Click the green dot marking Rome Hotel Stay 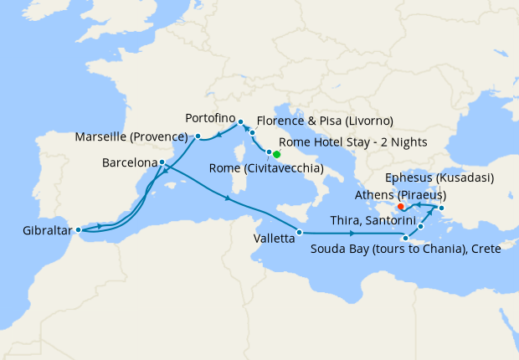(276, 154)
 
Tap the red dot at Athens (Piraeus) (400, 206)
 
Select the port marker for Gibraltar (78, 229)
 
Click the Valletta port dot (299, 232)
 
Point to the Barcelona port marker (162, 162)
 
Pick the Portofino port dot (239, 121)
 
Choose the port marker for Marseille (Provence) (198, 136)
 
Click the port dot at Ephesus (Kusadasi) (441, 208)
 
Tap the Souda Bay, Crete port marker (405, 239)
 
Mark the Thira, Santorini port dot (420, 227)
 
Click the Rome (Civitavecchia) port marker (269, 152)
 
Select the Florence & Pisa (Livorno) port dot (252, 133)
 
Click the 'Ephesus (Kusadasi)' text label (439, 178)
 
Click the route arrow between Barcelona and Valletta (229, 198)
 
